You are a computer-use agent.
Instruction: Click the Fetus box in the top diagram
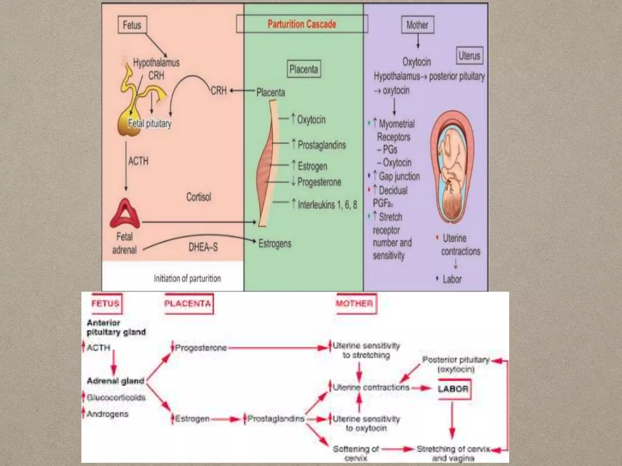coord(132,25)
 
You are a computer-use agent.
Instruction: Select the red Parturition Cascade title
coord(302,24)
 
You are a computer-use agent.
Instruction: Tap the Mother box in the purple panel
coord(417,25)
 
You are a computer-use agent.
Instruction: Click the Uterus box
coord(469,56)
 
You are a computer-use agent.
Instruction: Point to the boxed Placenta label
coord(303,69)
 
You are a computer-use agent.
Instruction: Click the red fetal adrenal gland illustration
coord(125,214)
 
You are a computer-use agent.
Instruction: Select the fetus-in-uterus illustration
coord(452,167)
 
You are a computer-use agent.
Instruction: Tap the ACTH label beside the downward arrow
coord(138,161)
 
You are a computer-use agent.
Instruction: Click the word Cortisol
coord(199,197)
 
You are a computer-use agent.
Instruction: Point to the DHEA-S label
coord(203,247)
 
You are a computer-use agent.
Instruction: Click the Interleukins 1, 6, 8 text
coord(327,205)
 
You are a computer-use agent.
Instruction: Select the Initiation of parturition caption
coord(187,279)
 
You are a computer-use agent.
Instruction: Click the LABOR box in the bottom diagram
coord(453,389)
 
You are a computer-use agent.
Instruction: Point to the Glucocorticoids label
coord(116,397)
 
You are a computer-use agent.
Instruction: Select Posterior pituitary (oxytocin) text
coord(456,364)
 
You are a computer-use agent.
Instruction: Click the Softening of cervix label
coord(356,453)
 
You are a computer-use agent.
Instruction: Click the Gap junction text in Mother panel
coord(399,176)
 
